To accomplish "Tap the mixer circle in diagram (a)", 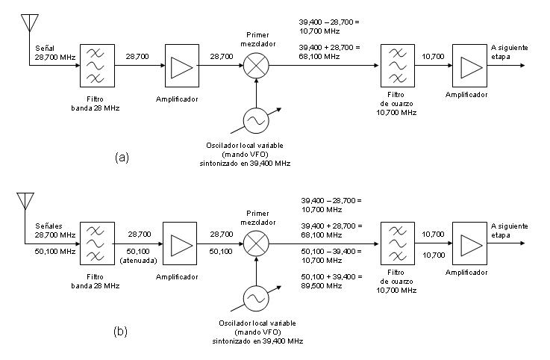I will pyautogui.click(x=255, y=66).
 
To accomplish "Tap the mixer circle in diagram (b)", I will pyautogui.click(x=255, y=243).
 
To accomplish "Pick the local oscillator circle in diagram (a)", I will pyautogui.click(x=255, y=120).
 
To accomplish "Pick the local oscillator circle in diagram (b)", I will pyautogui.click(x=255, y=298).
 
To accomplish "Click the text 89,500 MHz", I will pyautogui.click(x=322, y=286).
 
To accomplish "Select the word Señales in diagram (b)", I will pyautogui.click(x=49, y=225).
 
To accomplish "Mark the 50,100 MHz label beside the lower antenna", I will pyautogui.click(x=54, y=252).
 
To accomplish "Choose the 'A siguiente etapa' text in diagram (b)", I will pyautogui.click(x=510, y=230).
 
